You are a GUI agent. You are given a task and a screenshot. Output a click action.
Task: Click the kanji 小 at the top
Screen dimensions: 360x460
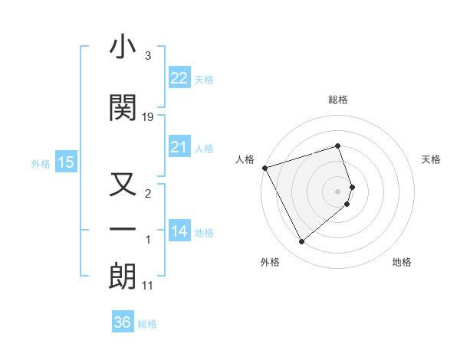[123, 48]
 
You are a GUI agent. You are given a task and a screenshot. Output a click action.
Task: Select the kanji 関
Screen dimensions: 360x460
[123, 108]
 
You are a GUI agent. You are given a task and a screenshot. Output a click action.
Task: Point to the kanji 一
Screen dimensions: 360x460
[123, 230]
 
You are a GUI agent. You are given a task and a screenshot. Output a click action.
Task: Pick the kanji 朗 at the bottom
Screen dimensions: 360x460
[123, 277]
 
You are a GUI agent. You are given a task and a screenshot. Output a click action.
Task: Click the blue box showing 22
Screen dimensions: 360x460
[179, 77]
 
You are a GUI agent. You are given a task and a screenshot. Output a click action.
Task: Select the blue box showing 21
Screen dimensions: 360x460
[179, 147]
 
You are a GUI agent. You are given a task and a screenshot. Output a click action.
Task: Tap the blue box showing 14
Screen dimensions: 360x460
[179, 231]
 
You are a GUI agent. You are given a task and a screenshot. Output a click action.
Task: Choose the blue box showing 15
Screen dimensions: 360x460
[65, 162]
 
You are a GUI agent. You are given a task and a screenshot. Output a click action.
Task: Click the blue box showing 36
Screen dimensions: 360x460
[123, 322]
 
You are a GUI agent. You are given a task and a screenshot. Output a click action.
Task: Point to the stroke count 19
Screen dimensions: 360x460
[148, 117]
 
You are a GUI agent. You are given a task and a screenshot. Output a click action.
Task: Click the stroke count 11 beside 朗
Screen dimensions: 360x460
[148, 286]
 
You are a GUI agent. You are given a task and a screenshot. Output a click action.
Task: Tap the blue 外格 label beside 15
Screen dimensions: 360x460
[41, 163]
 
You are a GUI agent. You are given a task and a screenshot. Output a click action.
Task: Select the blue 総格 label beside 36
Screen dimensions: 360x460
[147, 323]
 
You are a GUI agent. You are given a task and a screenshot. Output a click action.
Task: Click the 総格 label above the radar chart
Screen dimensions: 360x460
[338, 100]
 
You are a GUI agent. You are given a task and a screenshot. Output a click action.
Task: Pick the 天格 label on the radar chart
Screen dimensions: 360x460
[432, 159]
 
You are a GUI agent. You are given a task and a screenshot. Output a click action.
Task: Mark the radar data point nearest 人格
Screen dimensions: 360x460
[264, 167]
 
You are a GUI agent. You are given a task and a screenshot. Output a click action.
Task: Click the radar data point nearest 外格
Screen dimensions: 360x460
[301, 242]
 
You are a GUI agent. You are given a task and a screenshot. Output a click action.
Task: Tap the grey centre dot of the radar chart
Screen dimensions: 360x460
[338, 191]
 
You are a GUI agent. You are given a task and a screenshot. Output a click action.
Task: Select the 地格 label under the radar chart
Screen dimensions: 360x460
[402, 262]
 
